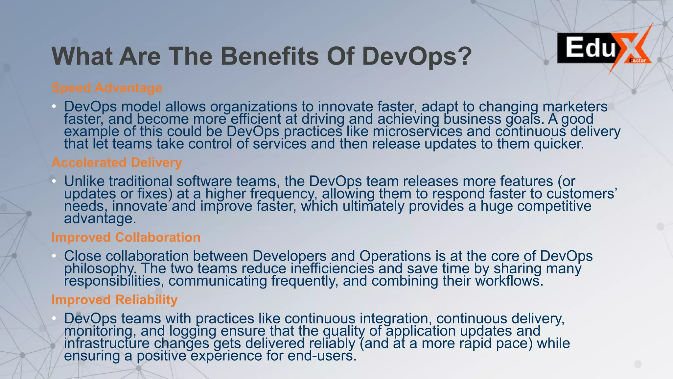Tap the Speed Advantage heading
[107, 88]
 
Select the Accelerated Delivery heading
[117, 163]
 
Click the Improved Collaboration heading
[126, 237]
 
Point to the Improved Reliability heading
[114, 300]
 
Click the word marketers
[575, 107]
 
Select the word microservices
[417, 132]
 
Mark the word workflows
[509, 281]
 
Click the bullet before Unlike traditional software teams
[54, 181]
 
